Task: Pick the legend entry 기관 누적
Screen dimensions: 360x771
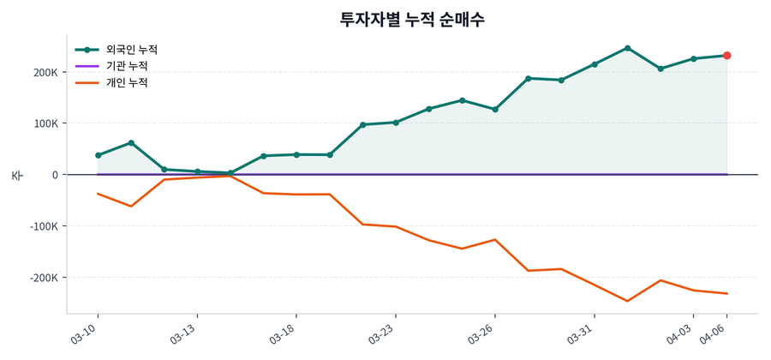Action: click(127, 66)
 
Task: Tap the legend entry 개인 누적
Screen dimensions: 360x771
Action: click(127, 83)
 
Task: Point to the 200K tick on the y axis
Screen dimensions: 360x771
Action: click(45, 72)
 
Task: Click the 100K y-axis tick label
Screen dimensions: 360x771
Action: click(45, 123)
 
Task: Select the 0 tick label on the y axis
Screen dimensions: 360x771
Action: click(54, 175)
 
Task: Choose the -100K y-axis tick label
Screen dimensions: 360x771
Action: click(43, 226)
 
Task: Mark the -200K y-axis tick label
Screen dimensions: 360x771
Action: click(43, 278)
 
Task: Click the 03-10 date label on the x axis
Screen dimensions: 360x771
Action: click(85, 333)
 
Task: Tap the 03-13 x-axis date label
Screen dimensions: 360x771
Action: click(184, 333)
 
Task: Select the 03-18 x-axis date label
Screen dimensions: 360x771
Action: click(283, 333)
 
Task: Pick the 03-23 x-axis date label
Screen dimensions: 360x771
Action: click(382, 333)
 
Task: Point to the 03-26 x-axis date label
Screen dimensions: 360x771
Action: click(481, 333)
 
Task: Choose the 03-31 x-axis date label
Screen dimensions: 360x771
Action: click(581, 333)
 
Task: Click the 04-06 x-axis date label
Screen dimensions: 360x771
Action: click(714, 333)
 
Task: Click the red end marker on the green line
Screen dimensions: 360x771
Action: click(726, 56)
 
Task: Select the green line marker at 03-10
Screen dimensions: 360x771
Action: click(98, 155)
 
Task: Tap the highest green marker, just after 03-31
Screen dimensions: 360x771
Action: click(627, 48)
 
